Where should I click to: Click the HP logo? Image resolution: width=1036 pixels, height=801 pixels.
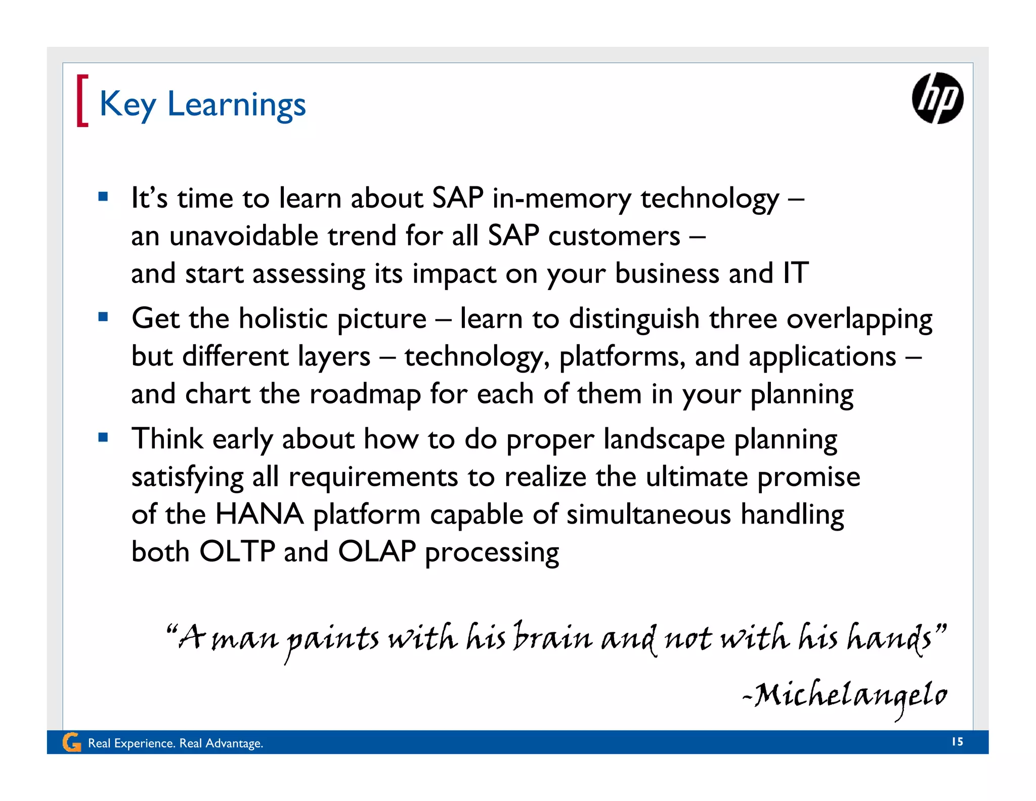point(937,98)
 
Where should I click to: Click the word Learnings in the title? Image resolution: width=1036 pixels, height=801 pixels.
point(236,104)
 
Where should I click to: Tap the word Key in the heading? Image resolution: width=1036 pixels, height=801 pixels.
point(127,104)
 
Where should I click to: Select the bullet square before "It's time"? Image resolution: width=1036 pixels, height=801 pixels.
point(103,196)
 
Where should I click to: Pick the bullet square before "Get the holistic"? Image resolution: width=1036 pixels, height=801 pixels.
point(103,317)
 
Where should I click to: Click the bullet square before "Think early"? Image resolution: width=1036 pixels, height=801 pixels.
point(103,437)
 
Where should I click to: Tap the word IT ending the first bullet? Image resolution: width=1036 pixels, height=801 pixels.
point(795,273)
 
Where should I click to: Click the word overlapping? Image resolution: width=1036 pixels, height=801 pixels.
point(859,319)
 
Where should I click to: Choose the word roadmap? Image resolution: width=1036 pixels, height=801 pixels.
point(365,394)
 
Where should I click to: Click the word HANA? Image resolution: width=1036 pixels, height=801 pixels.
point(259,514)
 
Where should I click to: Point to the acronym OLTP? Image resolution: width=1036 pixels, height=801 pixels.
point(237,551)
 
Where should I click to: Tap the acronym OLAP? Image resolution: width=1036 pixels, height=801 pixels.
point(376,551)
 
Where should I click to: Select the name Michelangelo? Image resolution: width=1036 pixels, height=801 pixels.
point(850,696)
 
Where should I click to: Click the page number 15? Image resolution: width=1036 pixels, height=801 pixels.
point(957,742)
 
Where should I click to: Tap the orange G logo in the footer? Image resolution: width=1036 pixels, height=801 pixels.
point(71,743)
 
